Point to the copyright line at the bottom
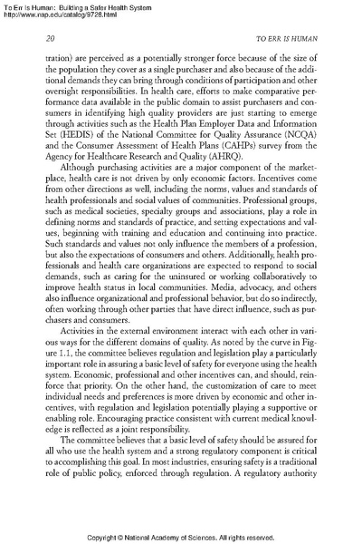coord(181,536)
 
